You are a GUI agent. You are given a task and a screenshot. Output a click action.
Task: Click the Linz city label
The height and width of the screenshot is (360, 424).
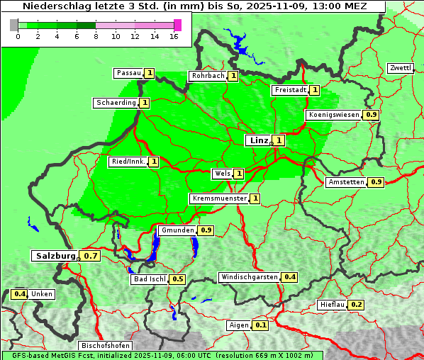pos(258,140)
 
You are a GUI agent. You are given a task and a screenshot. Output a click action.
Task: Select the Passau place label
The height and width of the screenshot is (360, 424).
pos(129,73)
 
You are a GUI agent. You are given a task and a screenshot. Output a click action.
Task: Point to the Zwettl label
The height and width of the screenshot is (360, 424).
pos(400,68)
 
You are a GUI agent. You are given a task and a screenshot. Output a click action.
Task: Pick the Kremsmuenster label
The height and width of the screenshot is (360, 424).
pos(219,198)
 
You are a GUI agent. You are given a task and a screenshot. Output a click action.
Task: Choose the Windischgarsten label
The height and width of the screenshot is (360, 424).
pos(249,277)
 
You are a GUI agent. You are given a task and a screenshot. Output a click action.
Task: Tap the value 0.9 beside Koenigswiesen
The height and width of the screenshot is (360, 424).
pos(372,115)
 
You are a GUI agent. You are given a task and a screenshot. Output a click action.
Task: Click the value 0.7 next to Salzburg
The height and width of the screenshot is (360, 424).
pos(90,256)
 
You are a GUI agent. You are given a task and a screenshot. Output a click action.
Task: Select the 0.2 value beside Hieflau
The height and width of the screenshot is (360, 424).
pos(357,305)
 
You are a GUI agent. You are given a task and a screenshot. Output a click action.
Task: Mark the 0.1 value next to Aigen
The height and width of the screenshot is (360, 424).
pos(260,325)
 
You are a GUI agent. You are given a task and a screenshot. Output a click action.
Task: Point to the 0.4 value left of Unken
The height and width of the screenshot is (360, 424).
pos(20,294)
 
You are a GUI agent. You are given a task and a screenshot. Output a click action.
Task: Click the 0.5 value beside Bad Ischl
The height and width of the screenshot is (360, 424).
pos(178,279)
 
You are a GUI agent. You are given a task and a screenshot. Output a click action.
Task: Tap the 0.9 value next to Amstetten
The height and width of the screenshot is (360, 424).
pos(376,182)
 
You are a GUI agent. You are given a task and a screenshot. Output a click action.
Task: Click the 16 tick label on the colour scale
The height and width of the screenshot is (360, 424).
pos(174,36)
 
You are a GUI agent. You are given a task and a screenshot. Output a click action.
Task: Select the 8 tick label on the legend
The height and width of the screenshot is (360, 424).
pos(96,36)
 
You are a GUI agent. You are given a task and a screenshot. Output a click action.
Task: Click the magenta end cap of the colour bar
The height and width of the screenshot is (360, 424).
pos(177,25)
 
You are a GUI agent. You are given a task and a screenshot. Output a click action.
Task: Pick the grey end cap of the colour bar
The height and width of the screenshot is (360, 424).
pos(14,25)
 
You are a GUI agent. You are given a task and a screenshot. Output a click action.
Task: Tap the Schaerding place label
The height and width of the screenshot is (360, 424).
pos(116,103)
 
